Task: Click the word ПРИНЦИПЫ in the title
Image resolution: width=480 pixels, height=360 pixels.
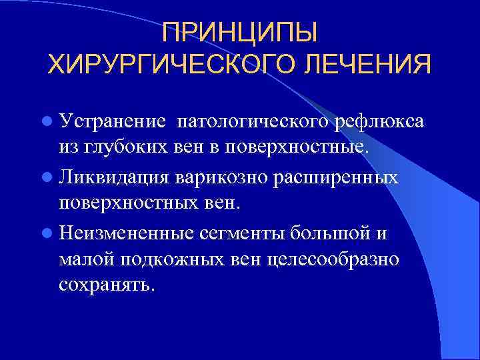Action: [240, 32]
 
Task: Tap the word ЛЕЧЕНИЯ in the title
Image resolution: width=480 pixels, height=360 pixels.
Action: [367, 66]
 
